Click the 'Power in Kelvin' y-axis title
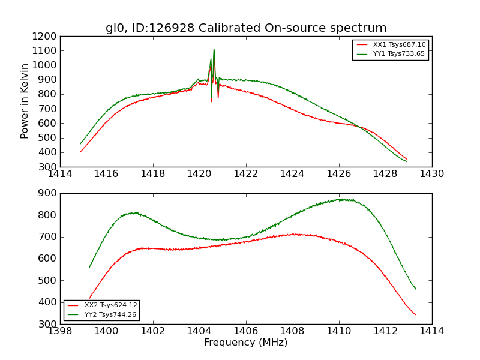pos(25,101)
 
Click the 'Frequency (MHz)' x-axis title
pos(245,343)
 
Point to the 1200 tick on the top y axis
pos(47,36)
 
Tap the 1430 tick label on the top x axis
pos(431,174)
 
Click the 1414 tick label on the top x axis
pos(61,174)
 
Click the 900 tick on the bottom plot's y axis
pos(50,193)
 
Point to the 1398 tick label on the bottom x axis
pos(61,331)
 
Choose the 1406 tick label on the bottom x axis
pos(246,331)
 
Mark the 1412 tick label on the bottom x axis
pos(385,331)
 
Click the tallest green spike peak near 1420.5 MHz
pos(214,49)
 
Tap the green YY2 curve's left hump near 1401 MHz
pos(133,212)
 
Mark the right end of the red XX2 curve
pos(415,314)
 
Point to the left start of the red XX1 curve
pos(80,152)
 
